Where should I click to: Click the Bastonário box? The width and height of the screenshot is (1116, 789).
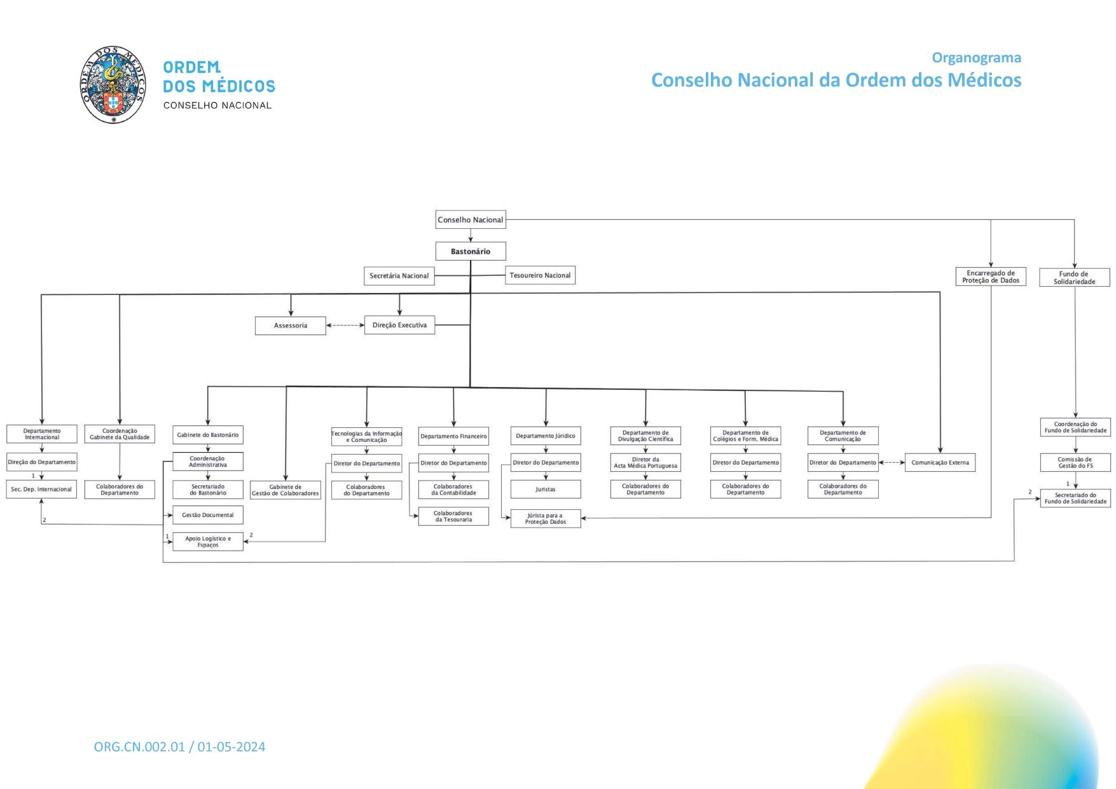[471, 251]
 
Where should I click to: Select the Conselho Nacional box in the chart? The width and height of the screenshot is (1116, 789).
[471, 220]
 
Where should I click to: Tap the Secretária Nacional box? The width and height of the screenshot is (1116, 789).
[399, 276]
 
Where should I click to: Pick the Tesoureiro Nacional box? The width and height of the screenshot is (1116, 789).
[540, 275]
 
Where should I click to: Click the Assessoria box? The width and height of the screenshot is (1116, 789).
[291, 326]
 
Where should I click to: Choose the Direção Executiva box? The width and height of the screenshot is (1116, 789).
[399, 325]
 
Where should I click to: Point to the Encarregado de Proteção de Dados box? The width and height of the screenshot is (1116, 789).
[991, 277]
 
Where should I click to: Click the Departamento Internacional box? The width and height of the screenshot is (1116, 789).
[42, 434]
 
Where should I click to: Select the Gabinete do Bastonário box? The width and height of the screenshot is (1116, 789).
[208, 435]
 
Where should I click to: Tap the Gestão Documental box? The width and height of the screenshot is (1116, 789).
[208, 515]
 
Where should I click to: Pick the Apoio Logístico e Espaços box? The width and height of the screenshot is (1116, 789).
[208, 542]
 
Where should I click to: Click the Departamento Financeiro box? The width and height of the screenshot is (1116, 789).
[453, 436]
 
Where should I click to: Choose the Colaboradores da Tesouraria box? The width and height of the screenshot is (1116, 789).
[453, 516]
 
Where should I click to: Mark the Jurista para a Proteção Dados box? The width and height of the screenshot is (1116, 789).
[546, 519]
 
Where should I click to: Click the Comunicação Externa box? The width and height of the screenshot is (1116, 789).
[940, 462]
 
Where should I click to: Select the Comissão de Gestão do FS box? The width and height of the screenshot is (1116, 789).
[1075, 462]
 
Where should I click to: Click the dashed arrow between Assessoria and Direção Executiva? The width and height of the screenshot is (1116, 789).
[345, 326]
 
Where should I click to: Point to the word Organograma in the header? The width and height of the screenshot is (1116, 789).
[976, 58]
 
